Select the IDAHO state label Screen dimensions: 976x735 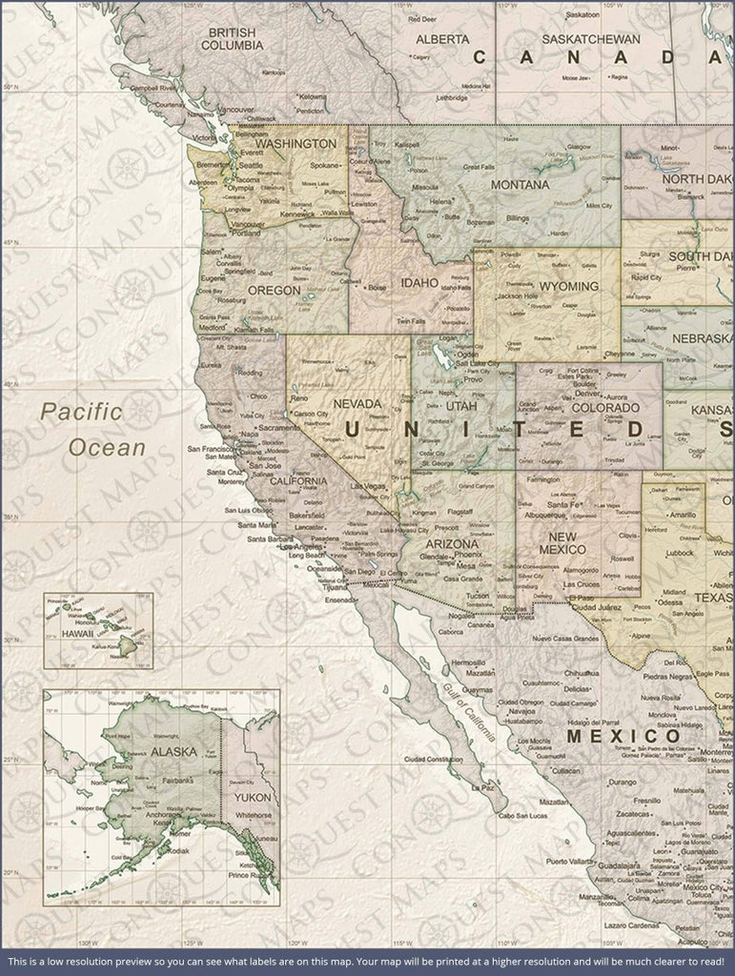419,283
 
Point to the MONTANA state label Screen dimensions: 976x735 520,184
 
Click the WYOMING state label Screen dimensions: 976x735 568,286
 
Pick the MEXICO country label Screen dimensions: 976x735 623,737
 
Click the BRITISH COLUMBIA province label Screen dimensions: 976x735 237,38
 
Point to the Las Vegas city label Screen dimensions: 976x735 369,488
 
